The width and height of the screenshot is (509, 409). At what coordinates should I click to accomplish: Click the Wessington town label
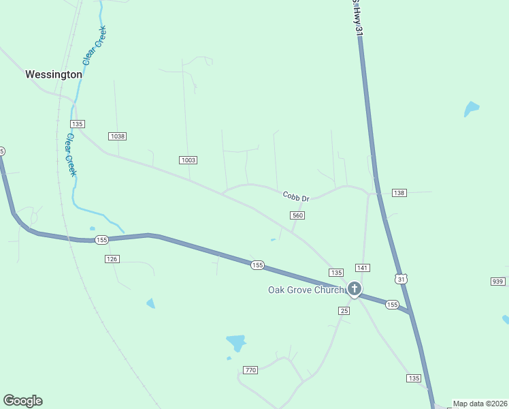54,74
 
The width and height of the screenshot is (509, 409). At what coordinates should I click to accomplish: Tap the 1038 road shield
118,136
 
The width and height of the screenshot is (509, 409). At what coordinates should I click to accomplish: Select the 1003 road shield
188,160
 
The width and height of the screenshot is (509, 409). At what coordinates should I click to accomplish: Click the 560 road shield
297,215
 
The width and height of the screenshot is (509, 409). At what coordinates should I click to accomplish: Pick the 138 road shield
399,194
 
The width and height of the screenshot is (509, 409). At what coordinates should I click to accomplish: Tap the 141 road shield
362,268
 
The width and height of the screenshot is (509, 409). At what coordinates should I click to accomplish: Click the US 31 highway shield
401,279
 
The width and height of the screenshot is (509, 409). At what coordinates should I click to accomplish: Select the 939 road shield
497,282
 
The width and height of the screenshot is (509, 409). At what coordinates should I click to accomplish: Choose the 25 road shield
344,311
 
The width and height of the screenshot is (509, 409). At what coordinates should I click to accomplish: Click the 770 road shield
250,370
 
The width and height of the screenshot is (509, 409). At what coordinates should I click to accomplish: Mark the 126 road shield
112,259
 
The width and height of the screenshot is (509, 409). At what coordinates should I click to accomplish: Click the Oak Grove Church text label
306,290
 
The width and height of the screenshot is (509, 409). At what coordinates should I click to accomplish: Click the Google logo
22,401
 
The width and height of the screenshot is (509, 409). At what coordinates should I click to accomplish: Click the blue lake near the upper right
471,108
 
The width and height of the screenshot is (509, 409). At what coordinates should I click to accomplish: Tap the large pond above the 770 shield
235,342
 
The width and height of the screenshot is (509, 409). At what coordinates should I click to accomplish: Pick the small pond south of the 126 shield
150,303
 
